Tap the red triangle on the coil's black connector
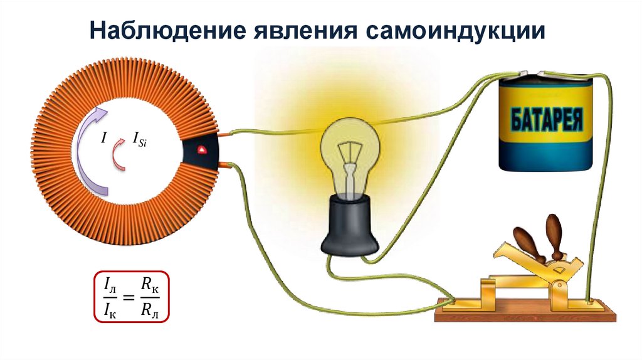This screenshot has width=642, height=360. tap(202, 150)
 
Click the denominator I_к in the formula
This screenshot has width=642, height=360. tap(109, 308)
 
